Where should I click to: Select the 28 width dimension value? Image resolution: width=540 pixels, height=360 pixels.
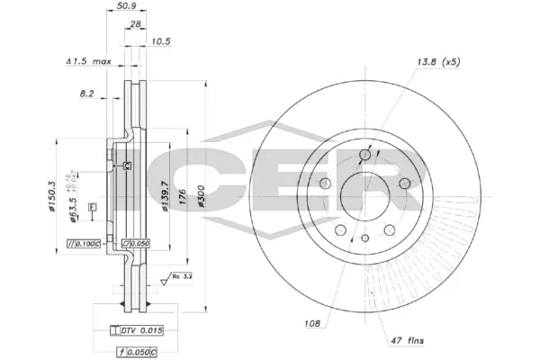135,24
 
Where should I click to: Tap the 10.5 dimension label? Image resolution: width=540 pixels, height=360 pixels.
161,41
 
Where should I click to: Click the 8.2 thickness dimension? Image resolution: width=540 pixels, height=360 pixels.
86,93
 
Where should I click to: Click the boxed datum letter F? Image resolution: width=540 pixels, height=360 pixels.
92,208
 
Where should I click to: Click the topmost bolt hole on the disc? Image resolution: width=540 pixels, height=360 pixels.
364,155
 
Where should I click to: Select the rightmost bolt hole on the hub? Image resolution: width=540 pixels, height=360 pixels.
404,184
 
